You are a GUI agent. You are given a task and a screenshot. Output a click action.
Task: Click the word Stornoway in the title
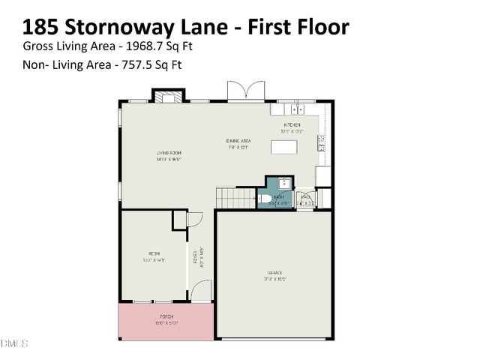tap(120, 27)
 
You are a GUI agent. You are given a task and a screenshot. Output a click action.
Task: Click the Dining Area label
tap(238, 141)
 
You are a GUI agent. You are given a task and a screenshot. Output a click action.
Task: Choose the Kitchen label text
tap(292, 124)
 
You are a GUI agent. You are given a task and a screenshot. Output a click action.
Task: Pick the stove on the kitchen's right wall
tap(323, 143)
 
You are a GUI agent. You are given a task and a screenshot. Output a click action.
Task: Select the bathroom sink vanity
tap(283, 184)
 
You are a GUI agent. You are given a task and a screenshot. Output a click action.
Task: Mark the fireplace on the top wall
tap(168, 95)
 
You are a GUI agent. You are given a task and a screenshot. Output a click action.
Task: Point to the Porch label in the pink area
tap(166, 317)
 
